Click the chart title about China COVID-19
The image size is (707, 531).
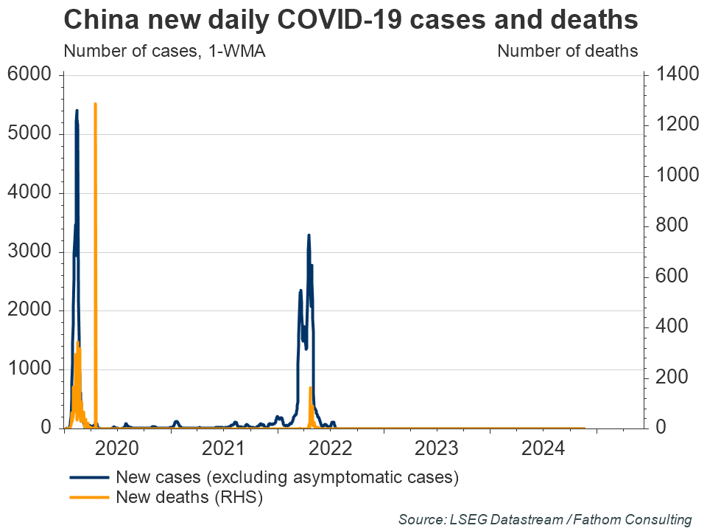coord(351,20)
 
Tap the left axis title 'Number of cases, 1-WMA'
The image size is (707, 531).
coord(164,51)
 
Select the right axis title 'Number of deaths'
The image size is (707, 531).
coord(567,51)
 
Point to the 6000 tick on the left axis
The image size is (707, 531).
coord(29,75)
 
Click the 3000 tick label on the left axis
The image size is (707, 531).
coord(29,251)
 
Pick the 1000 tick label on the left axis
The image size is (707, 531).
coord(29,369)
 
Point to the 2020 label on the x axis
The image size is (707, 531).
coord(117,448)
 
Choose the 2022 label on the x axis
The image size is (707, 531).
coord(331,448)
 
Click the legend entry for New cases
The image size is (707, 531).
coord(287,476)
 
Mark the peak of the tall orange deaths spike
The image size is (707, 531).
coord(95,104)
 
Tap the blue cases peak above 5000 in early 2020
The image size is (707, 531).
coord(77,111)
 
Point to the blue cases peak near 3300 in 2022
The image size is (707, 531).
coord(309,235)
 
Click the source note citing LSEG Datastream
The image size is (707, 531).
coord(545,519)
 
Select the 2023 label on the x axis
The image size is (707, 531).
coord(437,448)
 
